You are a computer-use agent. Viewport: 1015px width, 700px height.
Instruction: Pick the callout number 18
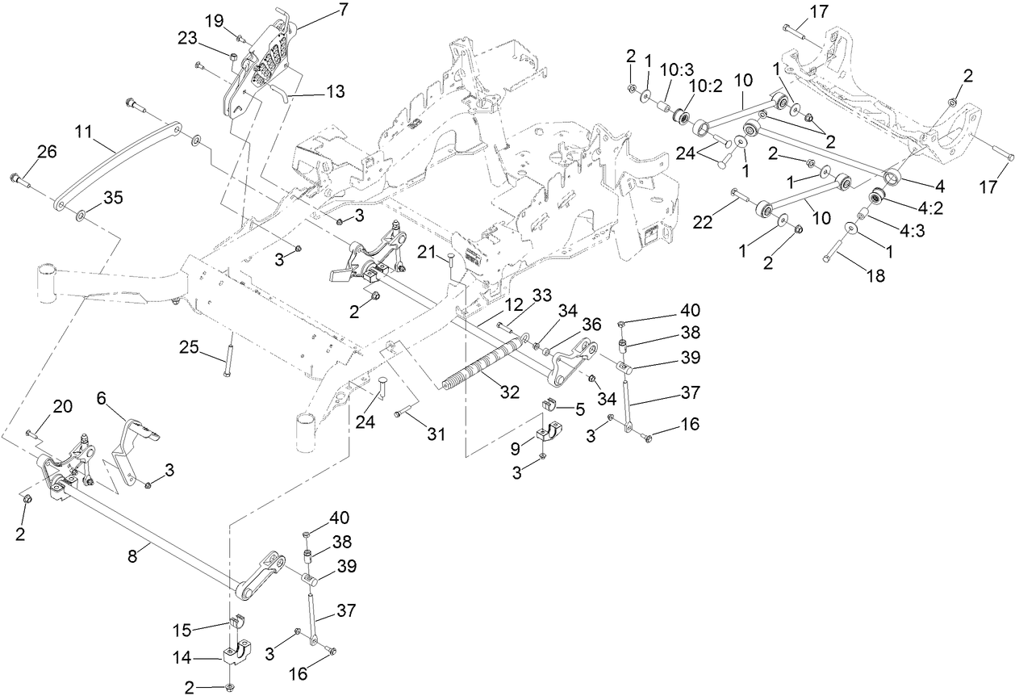875,275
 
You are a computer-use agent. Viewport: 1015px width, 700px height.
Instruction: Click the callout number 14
183,659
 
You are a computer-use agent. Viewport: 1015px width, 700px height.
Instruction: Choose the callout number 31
436,434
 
